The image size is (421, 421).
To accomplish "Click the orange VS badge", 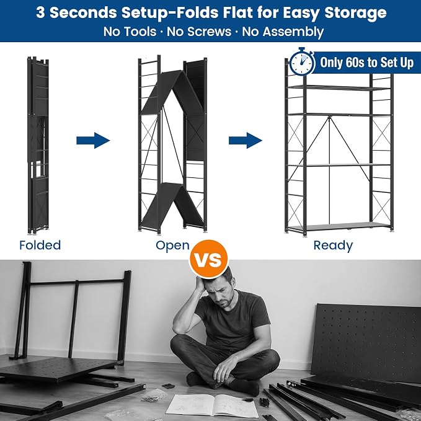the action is point(208,259).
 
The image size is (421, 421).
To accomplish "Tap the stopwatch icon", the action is point(302,62).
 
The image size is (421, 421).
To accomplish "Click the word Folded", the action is point(40,245).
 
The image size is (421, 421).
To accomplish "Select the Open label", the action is point(172,246).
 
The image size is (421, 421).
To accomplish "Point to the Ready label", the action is point(333,246).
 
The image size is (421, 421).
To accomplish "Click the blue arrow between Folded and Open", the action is point(93,140).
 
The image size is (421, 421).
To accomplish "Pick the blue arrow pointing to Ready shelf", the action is point(246,140).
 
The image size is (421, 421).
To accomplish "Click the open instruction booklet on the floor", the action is point(212,406).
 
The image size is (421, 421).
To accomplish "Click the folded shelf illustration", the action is point(38,145).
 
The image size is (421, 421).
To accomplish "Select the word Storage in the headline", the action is point(355,13).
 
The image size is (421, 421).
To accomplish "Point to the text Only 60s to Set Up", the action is point(367,63).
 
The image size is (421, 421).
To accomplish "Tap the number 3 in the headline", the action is point(40,12).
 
